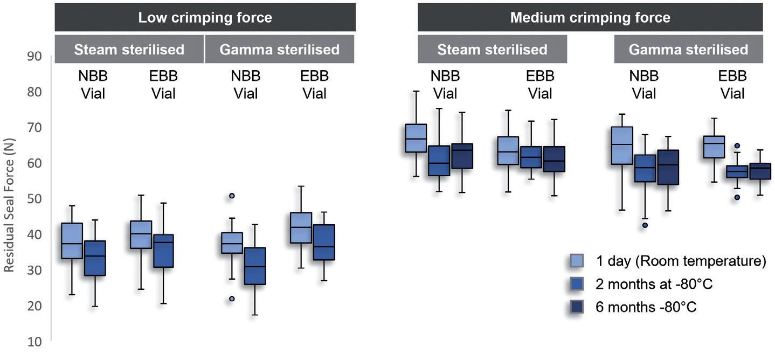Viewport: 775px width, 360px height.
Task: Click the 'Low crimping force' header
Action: tap(205, 17)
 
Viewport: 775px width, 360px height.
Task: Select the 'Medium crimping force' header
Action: tap(590, 17)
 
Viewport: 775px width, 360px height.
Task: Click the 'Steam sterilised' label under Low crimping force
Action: tap(129, 50)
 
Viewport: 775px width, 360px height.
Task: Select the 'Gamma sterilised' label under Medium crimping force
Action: tap(688, 50)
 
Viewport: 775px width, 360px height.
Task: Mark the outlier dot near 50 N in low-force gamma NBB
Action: tap(232, 196)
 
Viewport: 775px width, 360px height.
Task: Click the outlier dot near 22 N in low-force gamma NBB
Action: tap(232, 299)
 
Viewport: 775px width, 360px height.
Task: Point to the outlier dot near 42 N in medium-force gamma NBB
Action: tap(645, 225)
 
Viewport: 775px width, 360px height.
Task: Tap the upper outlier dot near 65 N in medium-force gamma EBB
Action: tap(737, 146)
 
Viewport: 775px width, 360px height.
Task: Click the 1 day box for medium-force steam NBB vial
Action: tap(416, 138)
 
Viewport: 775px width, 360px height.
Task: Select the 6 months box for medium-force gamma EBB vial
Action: tap(760, 171)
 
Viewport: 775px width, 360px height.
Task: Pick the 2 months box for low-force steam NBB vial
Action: tap(94, 258)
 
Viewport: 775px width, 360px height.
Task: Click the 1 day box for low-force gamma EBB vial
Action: tap(301, 227)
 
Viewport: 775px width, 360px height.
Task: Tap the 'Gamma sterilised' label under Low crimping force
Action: tap(279, 50)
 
